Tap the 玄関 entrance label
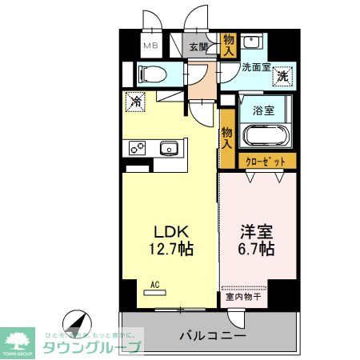[198, 46]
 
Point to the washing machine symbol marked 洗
[282, 77]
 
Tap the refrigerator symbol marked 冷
[135, 102]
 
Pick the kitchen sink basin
[169, 148]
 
